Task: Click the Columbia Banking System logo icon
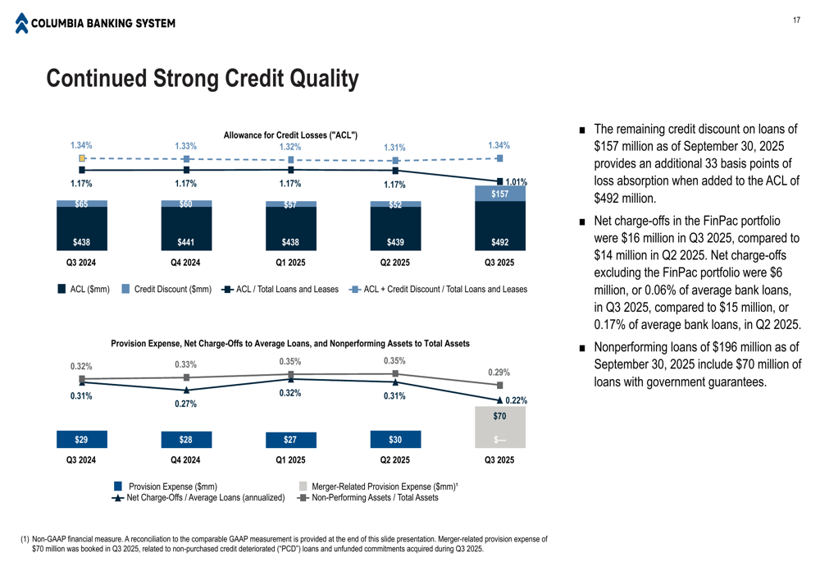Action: click(x=21, y=23)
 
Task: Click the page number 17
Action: click(x=796, y=21)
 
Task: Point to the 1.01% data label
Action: click(x=516, y=182)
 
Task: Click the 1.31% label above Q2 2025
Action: click(x=395, y=148)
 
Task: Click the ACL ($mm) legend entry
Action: click(x=84, y=289)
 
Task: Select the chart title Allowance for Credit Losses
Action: click(x=290, y=135)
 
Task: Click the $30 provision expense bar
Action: click(x=395, y=440)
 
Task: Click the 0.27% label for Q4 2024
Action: click(x=186, y=404)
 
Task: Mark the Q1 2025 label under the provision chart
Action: click(x=290, y=459)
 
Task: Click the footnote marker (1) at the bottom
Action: click(x=25, y=539)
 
